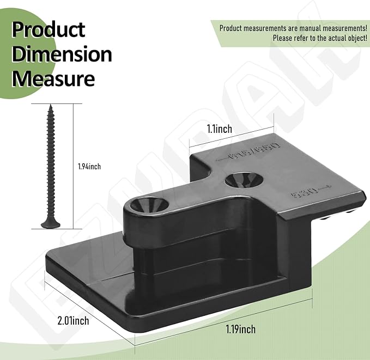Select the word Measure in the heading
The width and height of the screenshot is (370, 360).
[x=53, y=78]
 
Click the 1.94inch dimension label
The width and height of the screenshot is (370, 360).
[x=89, y=166]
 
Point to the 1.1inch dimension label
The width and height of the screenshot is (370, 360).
[x=219, y=129]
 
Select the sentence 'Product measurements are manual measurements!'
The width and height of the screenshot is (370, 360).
[x=293, y=28]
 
